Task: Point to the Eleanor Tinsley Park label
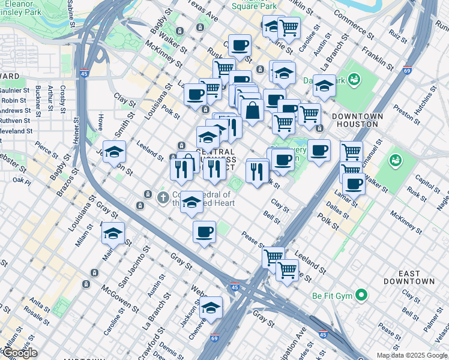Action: pyautogui.click(x=25, y=7)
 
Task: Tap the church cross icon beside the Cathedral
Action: pyautogui.click(x=162, y=197)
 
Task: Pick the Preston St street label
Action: pyautogui.click(x=407, y=115)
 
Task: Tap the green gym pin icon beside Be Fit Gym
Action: pyautogui.click(x=361, y=295)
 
